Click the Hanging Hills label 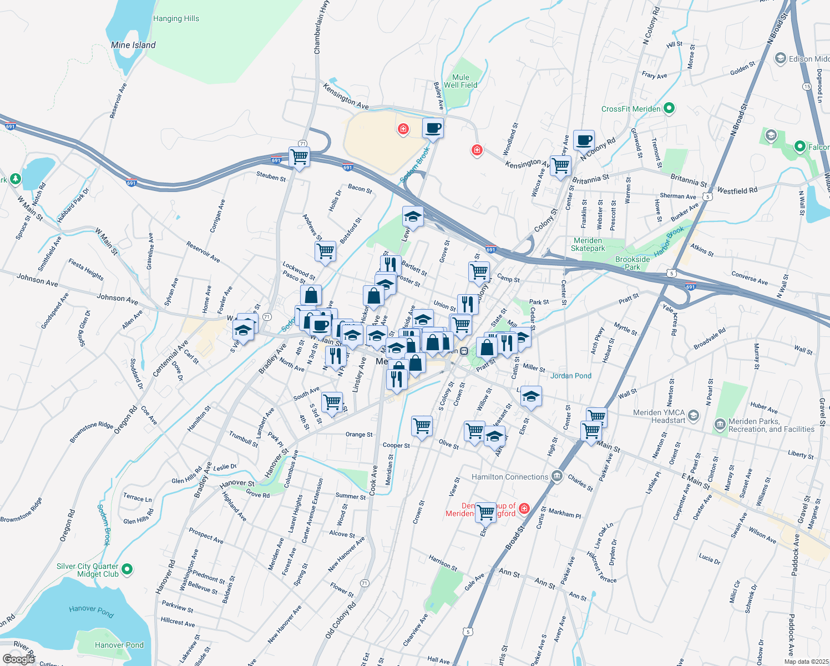(x=176, y=18)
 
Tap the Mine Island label (x=133, y=45)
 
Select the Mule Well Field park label (x=460, y=81)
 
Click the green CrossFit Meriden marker (x=669, y=108)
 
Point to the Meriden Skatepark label (x=588, y=244)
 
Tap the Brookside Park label (x=632, y=263)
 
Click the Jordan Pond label (x=571, y=376)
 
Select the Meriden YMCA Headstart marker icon (x=693, y=415)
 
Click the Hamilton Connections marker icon (x=557, y=476)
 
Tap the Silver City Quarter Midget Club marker (x=127, y=569)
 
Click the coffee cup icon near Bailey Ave (x=433, y=128)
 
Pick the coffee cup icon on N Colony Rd (x=584, y=140)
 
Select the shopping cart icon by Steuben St (x=299, y=157)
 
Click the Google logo (x=18, y=659)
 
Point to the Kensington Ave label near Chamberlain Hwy (x=346, y=96)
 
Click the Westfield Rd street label (x=737, y=190)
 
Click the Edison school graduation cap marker (x=780, y=58)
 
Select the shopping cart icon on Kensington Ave (x=560, y=165)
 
